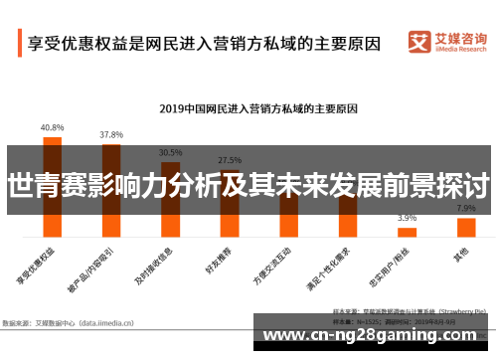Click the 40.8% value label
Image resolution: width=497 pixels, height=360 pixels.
click(x=52, y=127)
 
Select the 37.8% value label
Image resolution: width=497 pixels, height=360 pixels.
click(x=111, y=134)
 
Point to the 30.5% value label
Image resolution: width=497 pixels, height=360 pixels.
click(x=170, y=153)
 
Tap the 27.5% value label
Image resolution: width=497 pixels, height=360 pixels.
click(x=230, y=159)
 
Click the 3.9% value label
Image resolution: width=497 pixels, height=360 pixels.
click(x=407, y=218)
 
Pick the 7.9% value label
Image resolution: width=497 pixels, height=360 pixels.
click(x=465, y=209)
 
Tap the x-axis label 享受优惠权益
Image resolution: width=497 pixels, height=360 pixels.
click(x=44, y=262)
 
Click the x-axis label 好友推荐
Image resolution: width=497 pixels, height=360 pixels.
click(x=226, y=257)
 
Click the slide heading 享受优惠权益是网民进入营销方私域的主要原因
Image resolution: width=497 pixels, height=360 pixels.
click(x=204, y=45)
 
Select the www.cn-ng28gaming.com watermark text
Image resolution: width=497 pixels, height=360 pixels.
click(x=374, y=333)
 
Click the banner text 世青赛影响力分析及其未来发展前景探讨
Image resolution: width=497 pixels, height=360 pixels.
click(x=248, y=186)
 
